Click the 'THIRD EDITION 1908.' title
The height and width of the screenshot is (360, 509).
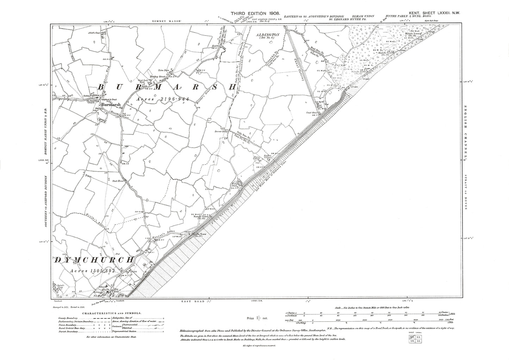click(255, 13)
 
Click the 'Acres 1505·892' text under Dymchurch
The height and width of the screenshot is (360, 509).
click(93, 271)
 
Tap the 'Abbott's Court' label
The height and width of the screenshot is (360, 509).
click(92, 33)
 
